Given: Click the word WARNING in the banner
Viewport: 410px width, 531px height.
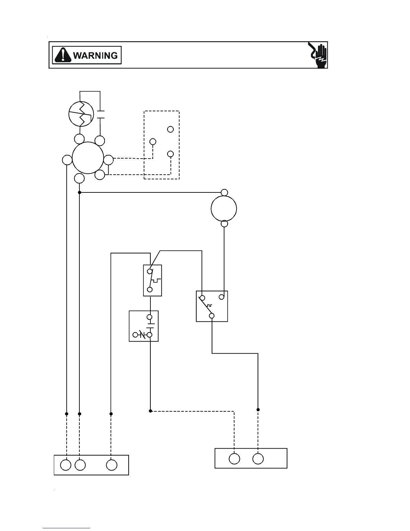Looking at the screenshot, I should [95, 55].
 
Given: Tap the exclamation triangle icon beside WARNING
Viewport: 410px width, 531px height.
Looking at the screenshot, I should [63, 55].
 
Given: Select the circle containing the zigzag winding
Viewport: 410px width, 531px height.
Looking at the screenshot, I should [81, 114].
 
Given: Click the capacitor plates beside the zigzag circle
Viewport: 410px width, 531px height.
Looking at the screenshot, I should [100, 114].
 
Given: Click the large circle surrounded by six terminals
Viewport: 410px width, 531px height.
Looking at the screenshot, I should [88, 158].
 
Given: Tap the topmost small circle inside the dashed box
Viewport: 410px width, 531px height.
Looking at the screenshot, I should [170, 129].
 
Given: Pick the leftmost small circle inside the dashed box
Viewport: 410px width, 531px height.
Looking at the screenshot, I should [153, 141].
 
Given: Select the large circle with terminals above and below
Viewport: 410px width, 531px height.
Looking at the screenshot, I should [224, 208].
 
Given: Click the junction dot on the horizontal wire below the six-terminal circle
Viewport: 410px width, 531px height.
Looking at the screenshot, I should [79, 192].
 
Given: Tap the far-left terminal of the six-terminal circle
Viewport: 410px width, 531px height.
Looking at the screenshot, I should [67, 160].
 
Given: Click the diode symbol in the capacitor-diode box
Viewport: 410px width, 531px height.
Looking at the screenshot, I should [142, 335].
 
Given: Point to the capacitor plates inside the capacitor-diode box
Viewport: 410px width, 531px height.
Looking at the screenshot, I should [150, 326].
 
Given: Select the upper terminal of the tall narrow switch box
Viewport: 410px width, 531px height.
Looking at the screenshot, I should [150, 272].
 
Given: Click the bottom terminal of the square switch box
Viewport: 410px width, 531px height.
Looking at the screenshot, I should [212, 315].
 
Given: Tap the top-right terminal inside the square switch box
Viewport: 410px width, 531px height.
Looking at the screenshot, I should [221, 297].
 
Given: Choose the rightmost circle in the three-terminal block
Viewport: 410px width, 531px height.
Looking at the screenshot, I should [112, 465].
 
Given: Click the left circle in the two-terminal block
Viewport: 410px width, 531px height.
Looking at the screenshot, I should [234, 459].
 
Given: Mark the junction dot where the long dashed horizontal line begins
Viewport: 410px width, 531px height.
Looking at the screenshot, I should [150, 411].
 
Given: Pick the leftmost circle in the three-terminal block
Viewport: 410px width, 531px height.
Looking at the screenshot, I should [66, 465].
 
